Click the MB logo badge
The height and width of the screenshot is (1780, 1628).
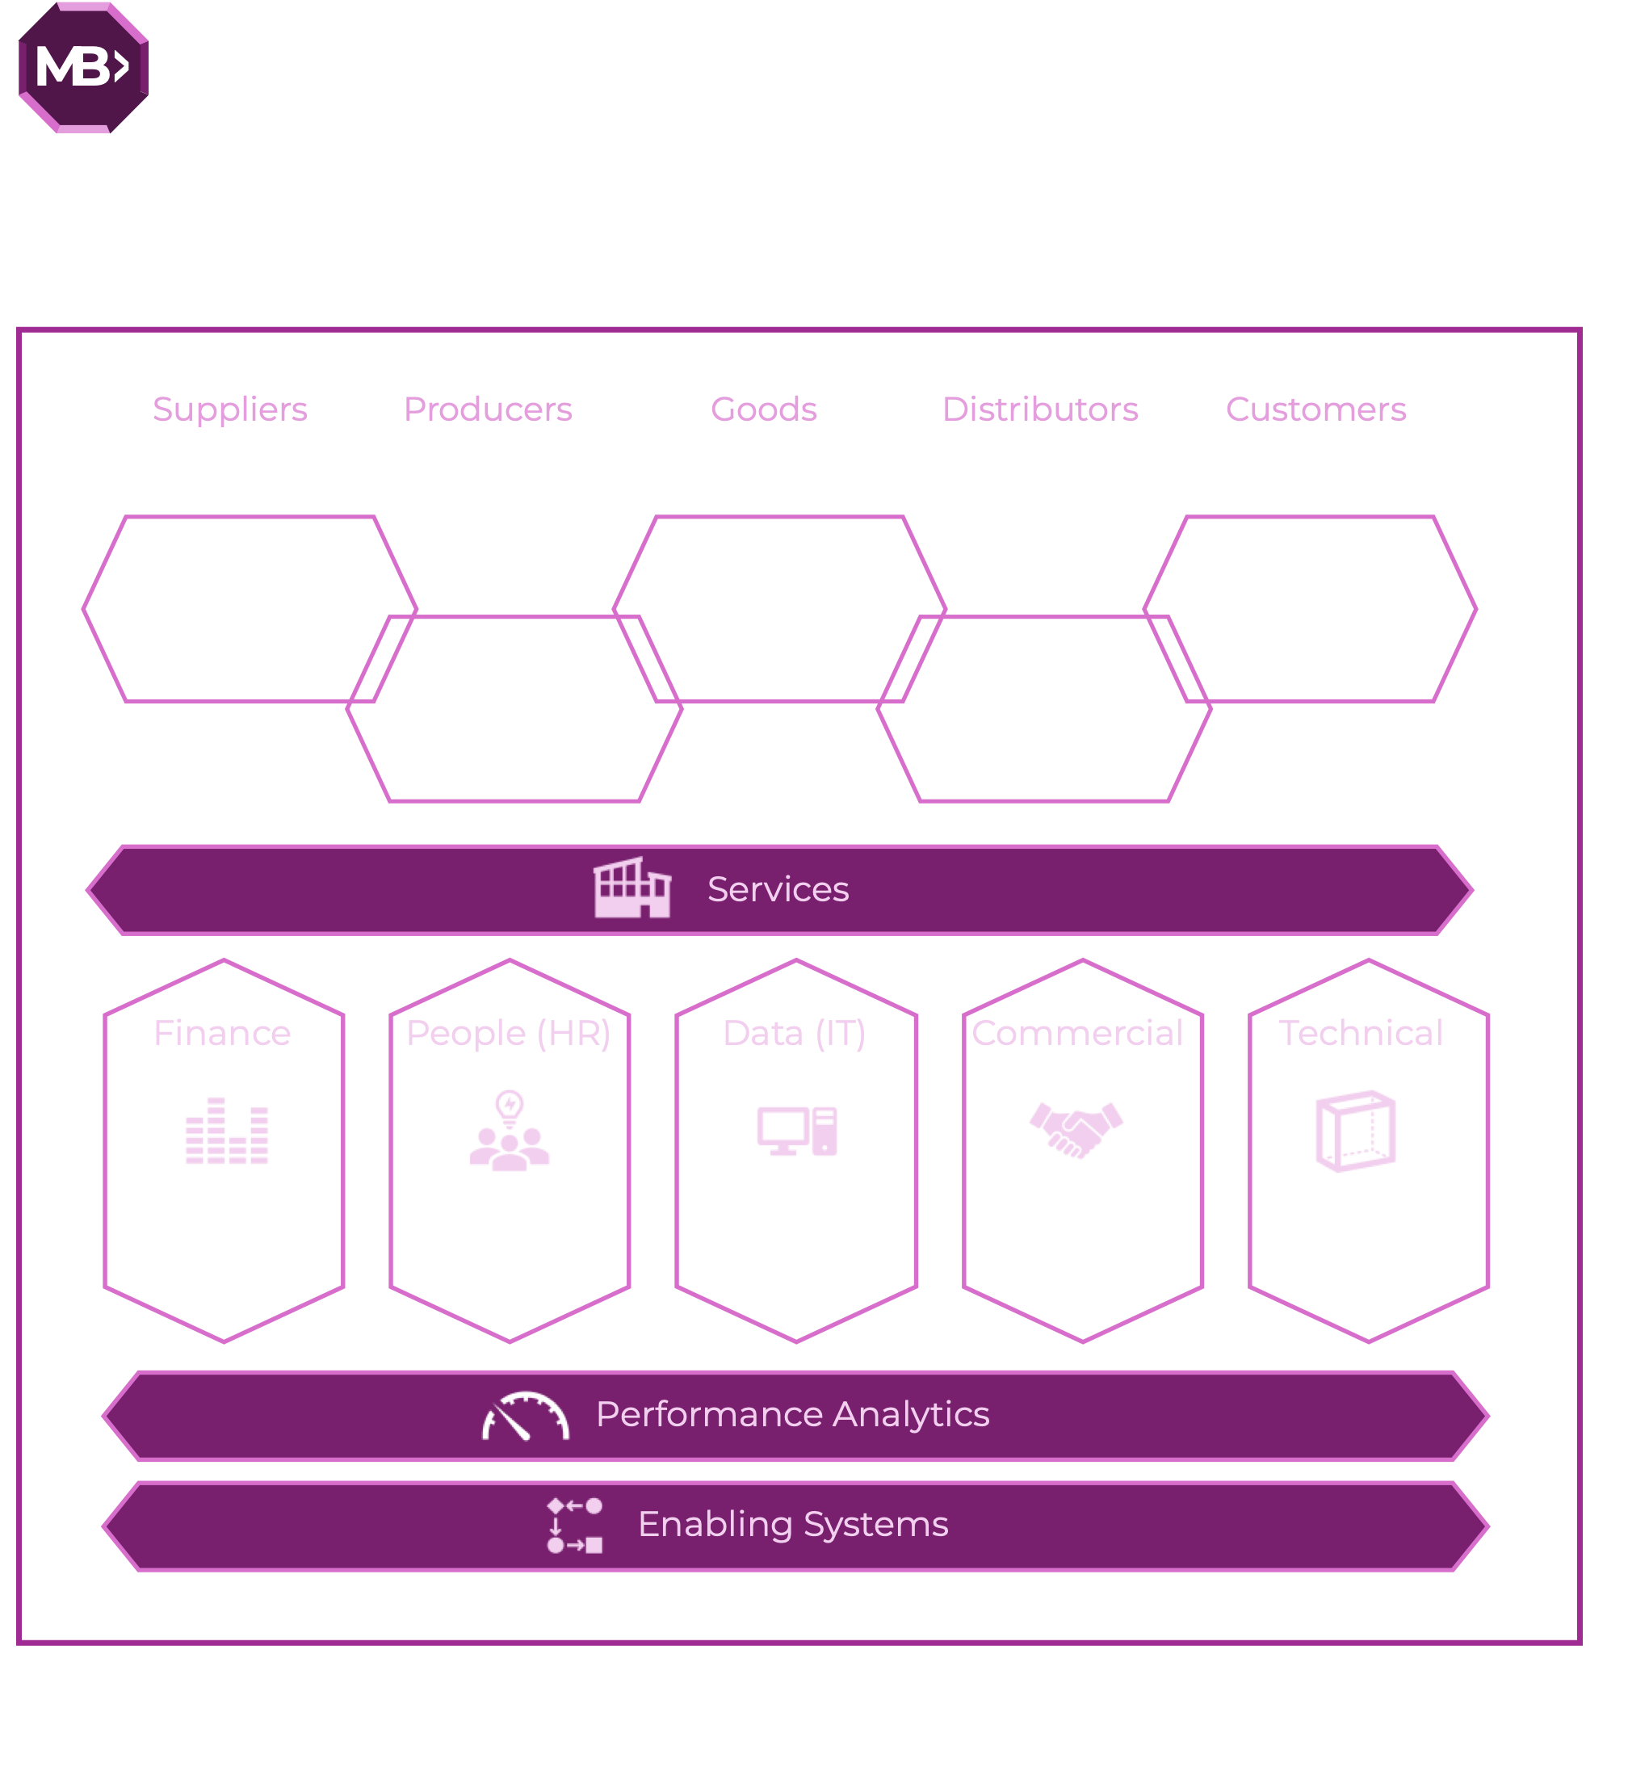(83, 67)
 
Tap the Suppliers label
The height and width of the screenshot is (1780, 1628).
(229, 409)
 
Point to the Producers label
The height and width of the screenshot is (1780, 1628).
(487, 409)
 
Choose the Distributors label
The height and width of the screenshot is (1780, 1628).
(1040, 409)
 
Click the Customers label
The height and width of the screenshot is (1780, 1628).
(1315, 409)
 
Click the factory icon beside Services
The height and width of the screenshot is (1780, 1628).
(632, 888)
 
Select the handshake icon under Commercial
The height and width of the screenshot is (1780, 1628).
(1076, 1129)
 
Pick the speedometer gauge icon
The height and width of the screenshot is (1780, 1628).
(525, 1417)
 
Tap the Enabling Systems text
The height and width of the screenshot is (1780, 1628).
(793, 1525)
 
